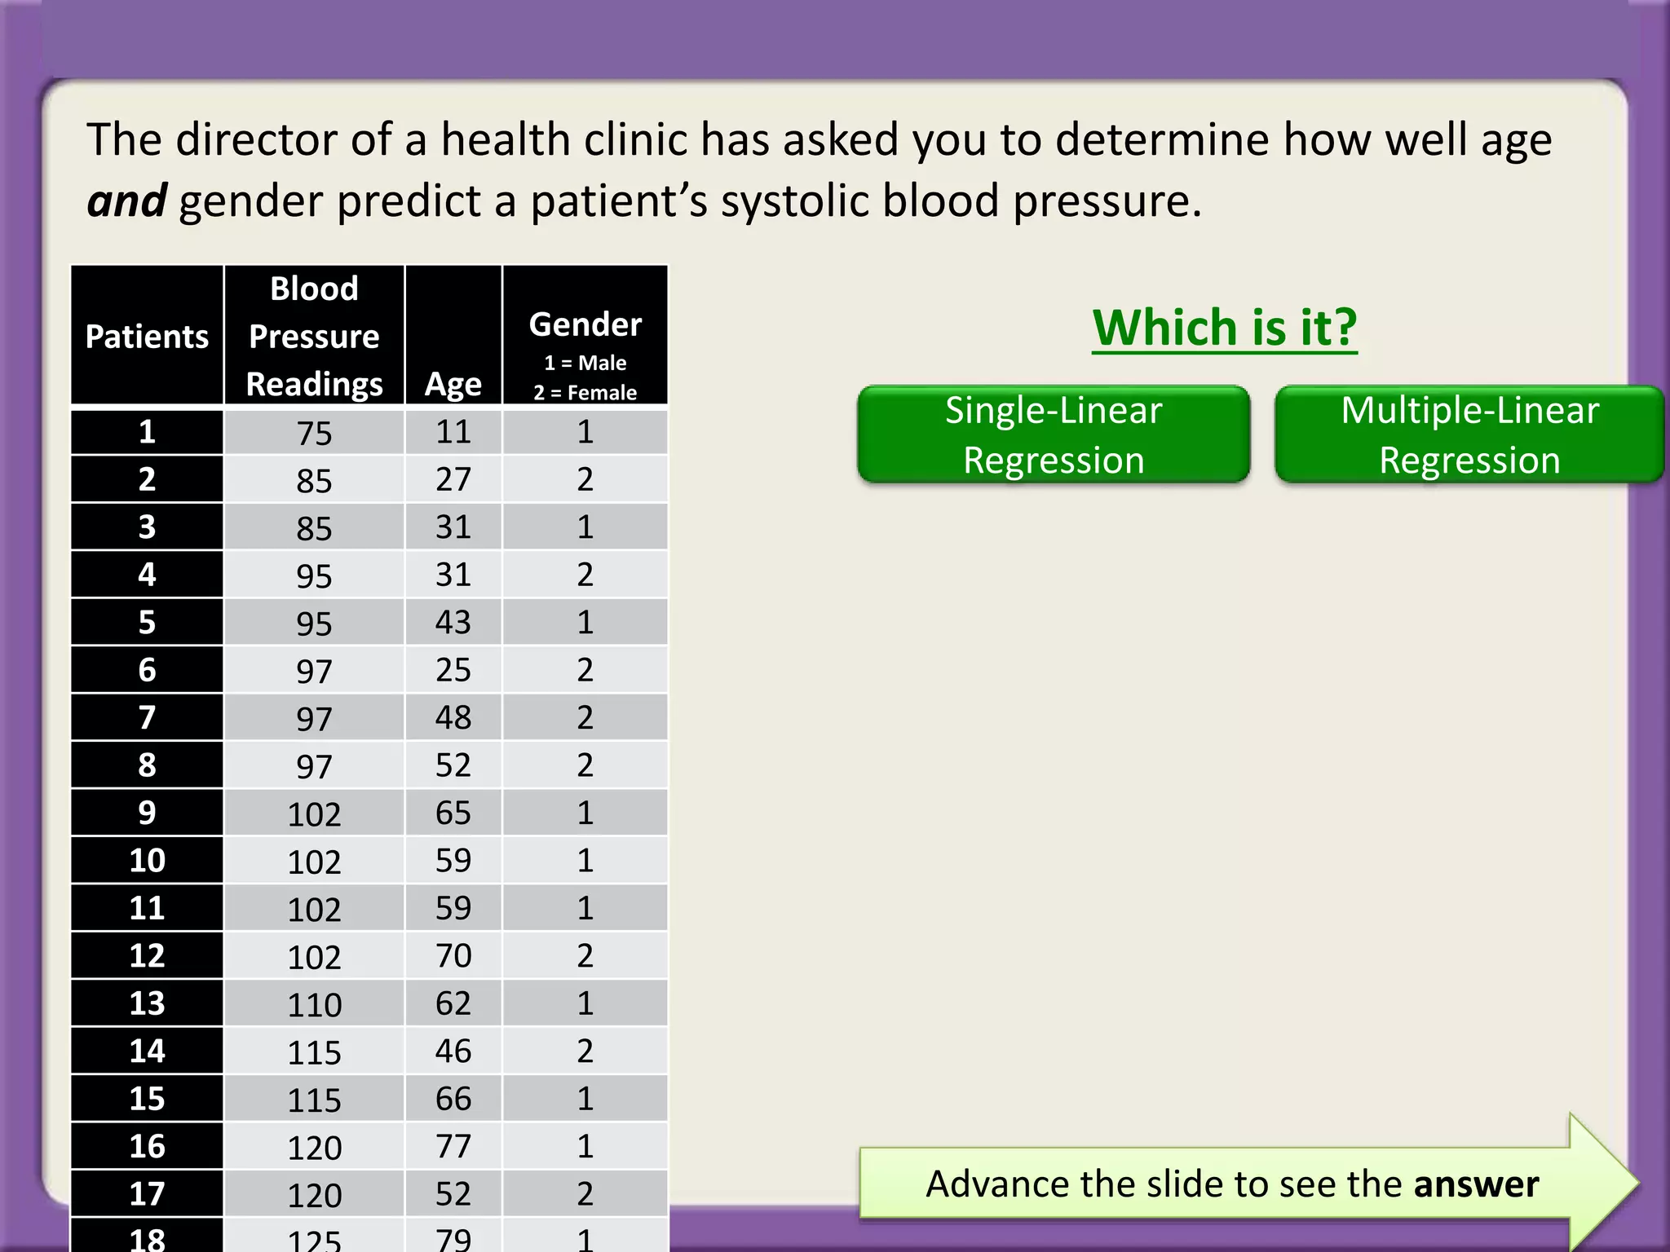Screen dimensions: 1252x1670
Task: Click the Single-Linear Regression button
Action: pyautogui.click(x=1054, y=434)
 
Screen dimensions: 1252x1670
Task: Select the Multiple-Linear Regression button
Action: pyautogui.click(x=1469, y=434)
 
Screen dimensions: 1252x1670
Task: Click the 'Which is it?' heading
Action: pyautogui.click(x=1225, y=328)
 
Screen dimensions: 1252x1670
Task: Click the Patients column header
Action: pyautogui.click(x=147, y=336)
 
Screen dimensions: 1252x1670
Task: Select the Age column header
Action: pyautogui.click(x=453, y=383)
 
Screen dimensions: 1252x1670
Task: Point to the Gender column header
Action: pyautogui.click(x=585, y=324)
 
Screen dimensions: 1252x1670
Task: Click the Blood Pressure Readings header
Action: pyautogui.click(x=314, y=336)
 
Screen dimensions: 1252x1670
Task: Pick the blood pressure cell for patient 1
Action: pyautogui.click(x=314, y=433)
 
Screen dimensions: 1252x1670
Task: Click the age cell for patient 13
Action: pyautogui.click(x=453, y=1003)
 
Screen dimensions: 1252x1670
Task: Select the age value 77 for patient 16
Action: pyautogui.click(x=453, y=1147)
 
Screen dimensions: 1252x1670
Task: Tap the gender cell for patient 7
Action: pyautogui.click(x=585, y=718)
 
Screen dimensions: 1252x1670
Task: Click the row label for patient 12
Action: pyautogui.click(x=147, y=956)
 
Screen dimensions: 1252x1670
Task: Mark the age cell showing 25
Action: pyautogui.click(x=453, y=670)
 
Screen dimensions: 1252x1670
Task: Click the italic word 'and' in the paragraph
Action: pyautogui.click(x=126, y=201)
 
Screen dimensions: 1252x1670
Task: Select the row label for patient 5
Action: pyautogui.click(x=147, y=623)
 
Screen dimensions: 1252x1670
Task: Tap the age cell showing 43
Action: pyautogui.click(x=453, y=623)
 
